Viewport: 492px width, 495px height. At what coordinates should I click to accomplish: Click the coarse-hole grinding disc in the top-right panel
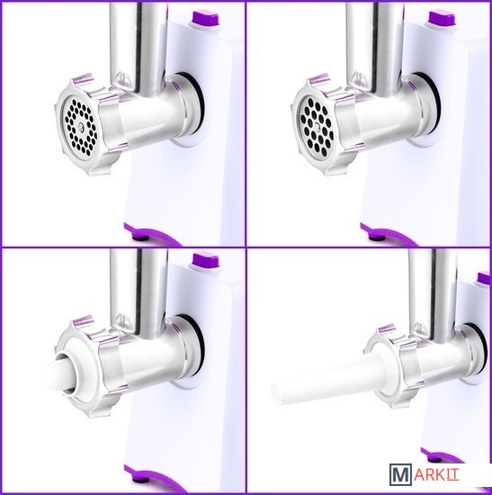tap(317, 127)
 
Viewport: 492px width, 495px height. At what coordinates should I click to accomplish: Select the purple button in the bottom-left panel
tap(205, 260)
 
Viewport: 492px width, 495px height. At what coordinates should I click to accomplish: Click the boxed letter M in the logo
tap(400, 473)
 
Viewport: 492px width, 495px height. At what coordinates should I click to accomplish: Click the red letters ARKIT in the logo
tap(436, 474)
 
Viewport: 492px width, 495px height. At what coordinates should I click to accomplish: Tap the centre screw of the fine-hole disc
tap(81, 127)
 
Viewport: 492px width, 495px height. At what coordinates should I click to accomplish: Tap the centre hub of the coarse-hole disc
tap(318, 127)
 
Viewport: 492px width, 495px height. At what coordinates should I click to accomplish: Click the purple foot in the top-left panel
tap(151, 234)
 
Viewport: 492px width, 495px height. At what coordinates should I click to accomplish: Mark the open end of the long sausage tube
tap(275, 393)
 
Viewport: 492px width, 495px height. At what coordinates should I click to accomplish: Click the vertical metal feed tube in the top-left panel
tap(139, 48)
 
